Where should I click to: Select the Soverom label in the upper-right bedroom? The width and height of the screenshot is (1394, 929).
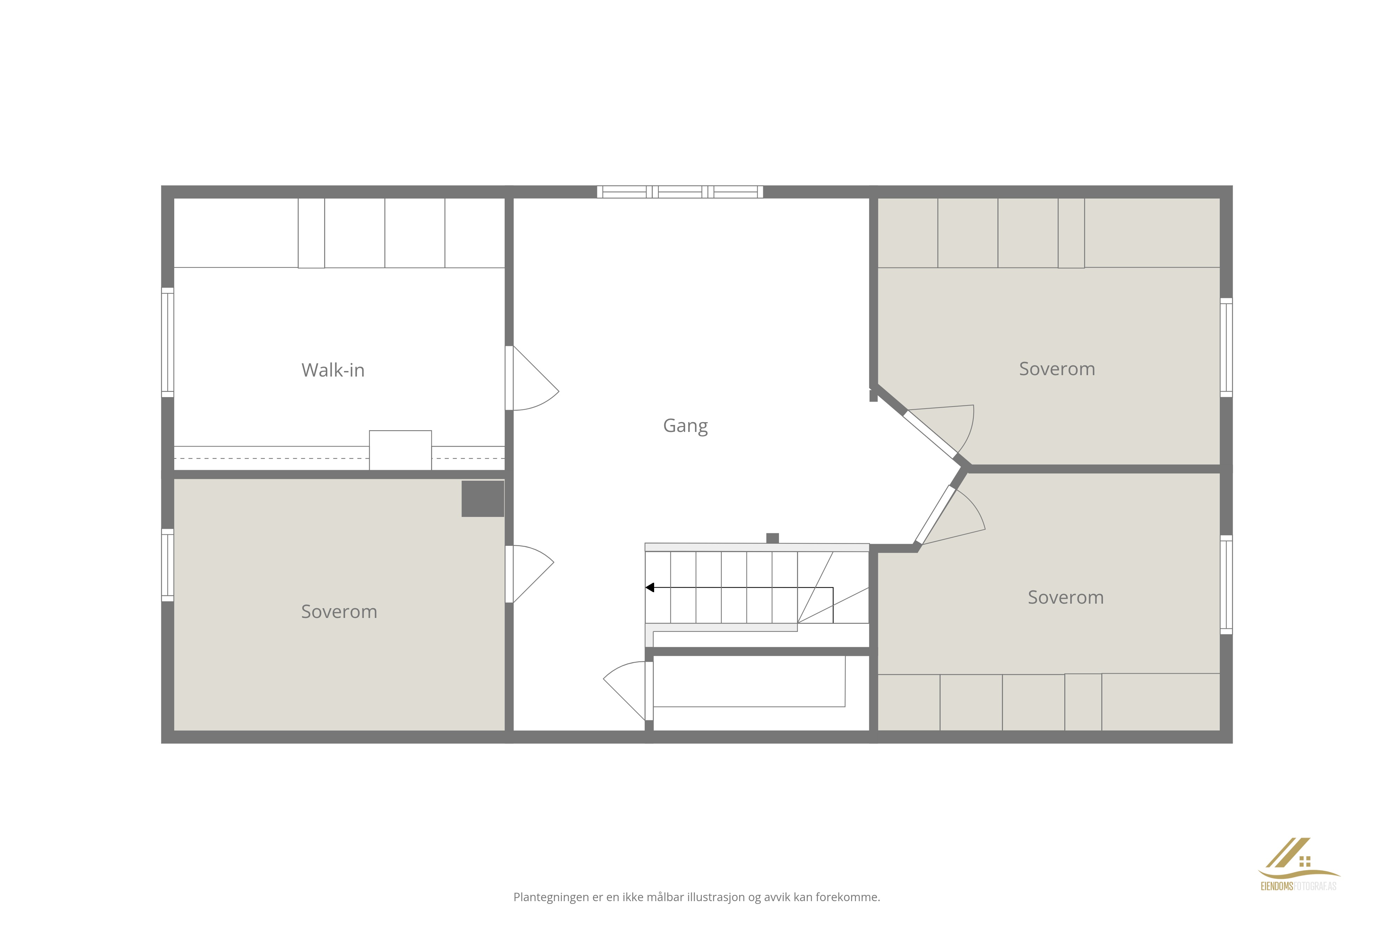[1057, 369]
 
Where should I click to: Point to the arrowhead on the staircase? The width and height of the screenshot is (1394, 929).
[650, 588]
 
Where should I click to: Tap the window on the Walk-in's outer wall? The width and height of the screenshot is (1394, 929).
[168, 342]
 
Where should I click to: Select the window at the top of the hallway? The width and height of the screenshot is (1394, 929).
[680, 191]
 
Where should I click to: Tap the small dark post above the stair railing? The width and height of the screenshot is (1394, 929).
[772, 538]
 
